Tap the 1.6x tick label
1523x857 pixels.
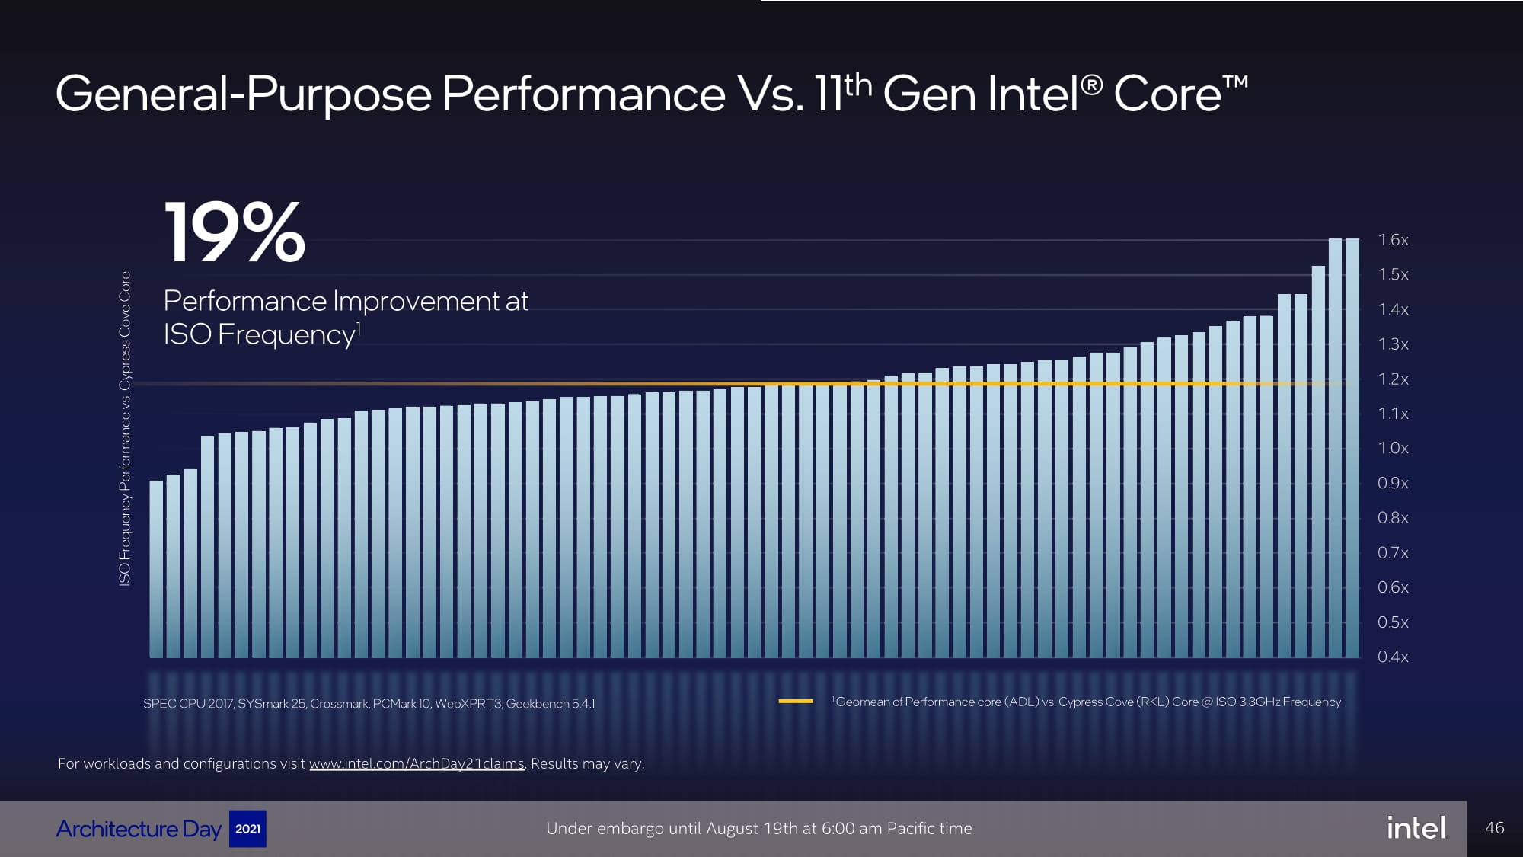coord(1393,240)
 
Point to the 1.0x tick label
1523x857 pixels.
coord(1393,448)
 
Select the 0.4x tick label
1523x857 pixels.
coord(1393,657)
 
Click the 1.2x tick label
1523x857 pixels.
coord(1393,379)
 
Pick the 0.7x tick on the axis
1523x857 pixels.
coord(1393,552)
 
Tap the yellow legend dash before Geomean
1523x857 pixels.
coord(796,701)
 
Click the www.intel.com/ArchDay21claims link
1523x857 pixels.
coord(417,763)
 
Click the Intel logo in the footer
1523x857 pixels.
coord(1416,828)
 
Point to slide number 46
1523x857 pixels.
coord(1495,828)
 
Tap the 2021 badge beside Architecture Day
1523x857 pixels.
coord(247,829)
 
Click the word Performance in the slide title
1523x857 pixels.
coord(583,94)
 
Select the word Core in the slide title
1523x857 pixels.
coord(1167,94)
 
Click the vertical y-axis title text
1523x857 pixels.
coord(125,428)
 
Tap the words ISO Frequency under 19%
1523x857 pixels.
coord(259,334)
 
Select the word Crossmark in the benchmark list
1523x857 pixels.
coord(339,704)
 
